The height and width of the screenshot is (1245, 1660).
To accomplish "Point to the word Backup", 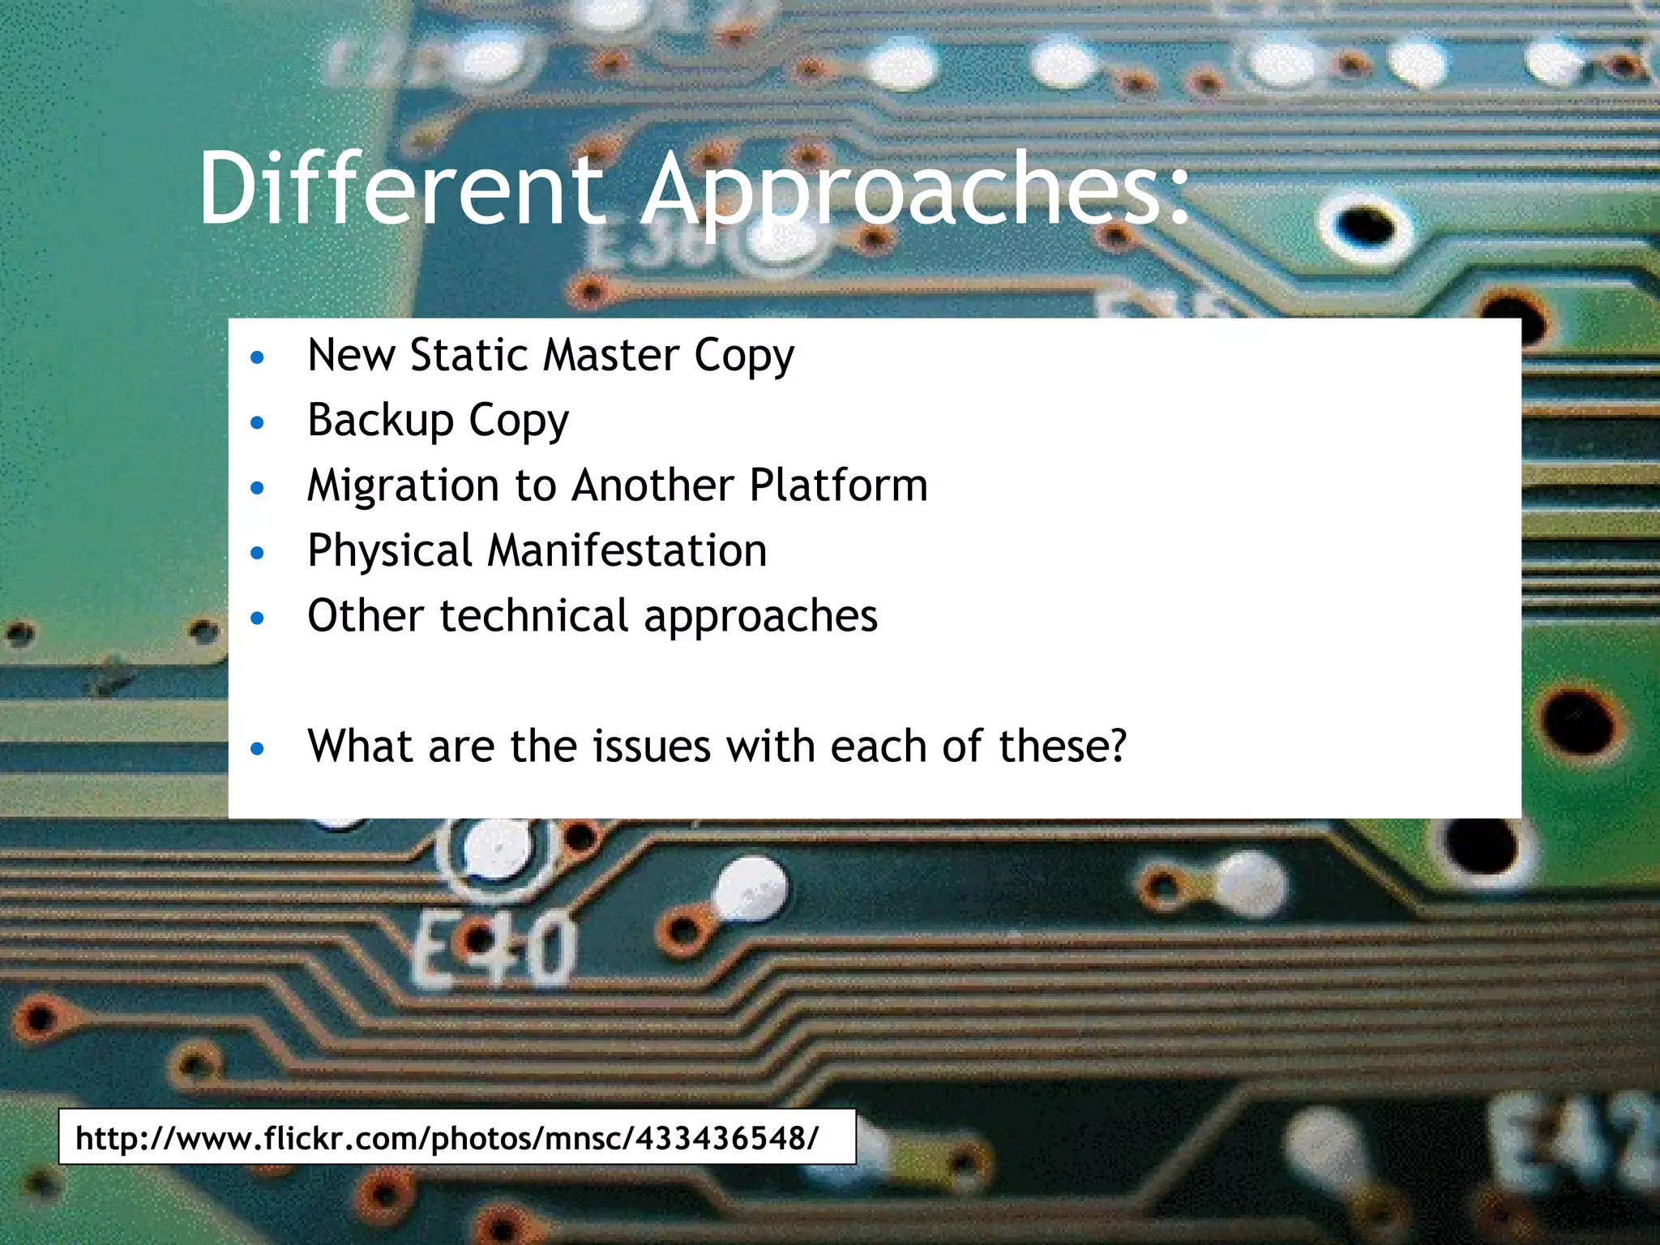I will (381, 421).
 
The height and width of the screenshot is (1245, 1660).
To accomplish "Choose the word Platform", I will (838, 485).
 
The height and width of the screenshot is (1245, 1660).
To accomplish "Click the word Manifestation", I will (627, 550).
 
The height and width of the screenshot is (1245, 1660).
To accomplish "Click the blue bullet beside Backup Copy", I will (258, 422).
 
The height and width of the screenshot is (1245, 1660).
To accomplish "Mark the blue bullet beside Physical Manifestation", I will (258, 553).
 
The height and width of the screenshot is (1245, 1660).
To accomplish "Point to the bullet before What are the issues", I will (258, 748).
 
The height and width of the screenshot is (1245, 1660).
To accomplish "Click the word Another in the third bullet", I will (653, 485).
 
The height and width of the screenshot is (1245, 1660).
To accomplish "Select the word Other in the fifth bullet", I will (366, 615).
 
